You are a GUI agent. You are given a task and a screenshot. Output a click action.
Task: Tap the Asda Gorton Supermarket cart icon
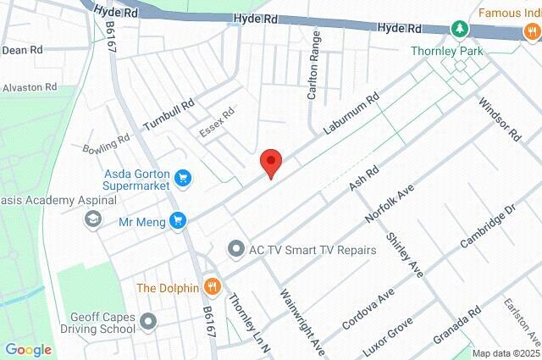[184, 178]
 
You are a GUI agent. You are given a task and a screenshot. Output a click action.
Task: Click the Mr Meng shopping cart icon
[177, 221]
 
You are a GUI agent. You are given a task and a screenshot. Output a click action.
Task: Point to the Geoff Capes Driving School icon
[149, 321]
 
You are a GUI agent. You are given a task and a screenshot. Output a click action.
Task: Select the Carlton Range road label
[313, 65]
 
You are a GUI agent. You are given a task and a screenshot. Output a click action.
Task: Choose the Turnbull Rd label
[169, 110]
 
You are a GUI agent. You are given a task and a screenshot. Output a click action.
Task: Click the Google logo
[28, 350]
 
